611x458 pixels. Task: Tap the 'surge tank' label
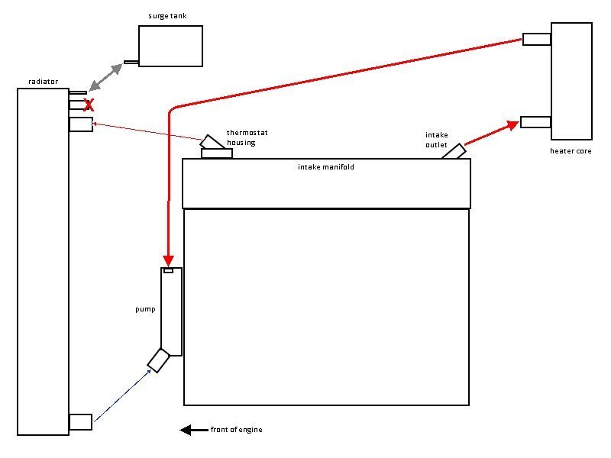[x=168, y=16]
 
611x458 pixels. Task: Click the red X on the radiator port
[x=89, y=105]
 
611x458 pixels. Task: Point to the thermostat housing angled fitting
[x=212, y=143]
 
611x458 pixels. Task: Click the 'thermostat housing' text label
[x=247, y=137]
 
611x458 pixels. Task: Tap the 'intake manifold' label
[x=326, y=166]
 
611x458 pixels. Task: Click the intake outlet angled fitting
[x=453, y=151]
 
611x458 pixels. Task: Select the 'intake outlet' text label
[x=436, y=140]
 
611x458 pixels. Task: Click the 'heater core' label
[x=571, y=151]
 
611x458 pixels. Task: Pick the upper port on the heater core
[x=537, y=39]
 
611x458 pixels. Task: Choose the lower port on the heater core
[x=535, y=121]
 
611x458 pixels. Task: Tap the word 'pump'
[x=145, y=309]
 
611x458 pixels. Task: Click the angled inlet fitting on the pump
[x=158, y=360]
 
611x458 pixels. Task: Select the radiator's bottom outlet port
[x=80, y=421]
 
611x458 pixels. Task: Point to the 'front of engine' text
[x=237, y=431]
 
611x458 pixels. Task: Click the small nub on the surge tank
[x=131, y=62]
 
